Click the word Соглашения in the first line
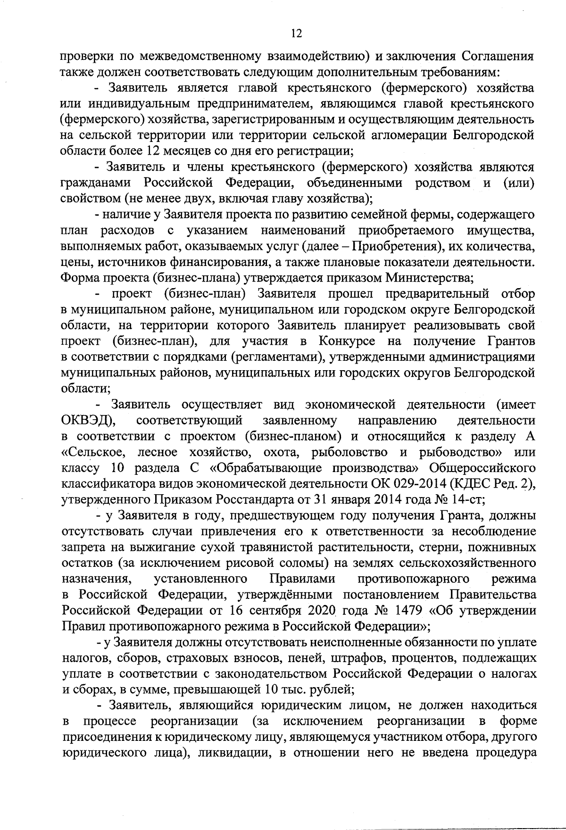tap(497, 57)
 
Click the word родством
tap(442, 183)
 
